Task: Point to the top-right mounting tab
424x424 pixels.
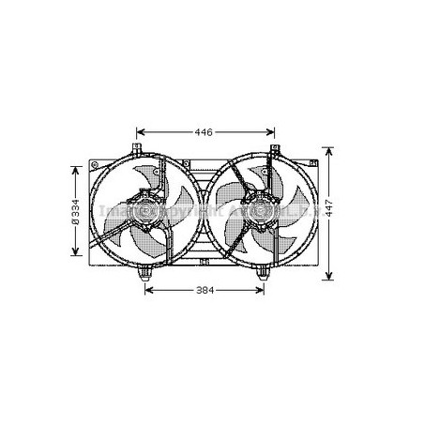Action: click(x=275, y=151)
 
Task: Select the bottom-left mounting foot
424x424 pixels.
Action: click(x=146, y=273)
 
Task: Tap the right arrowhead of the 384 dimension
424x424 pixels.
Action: click(x=265, y=290)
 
